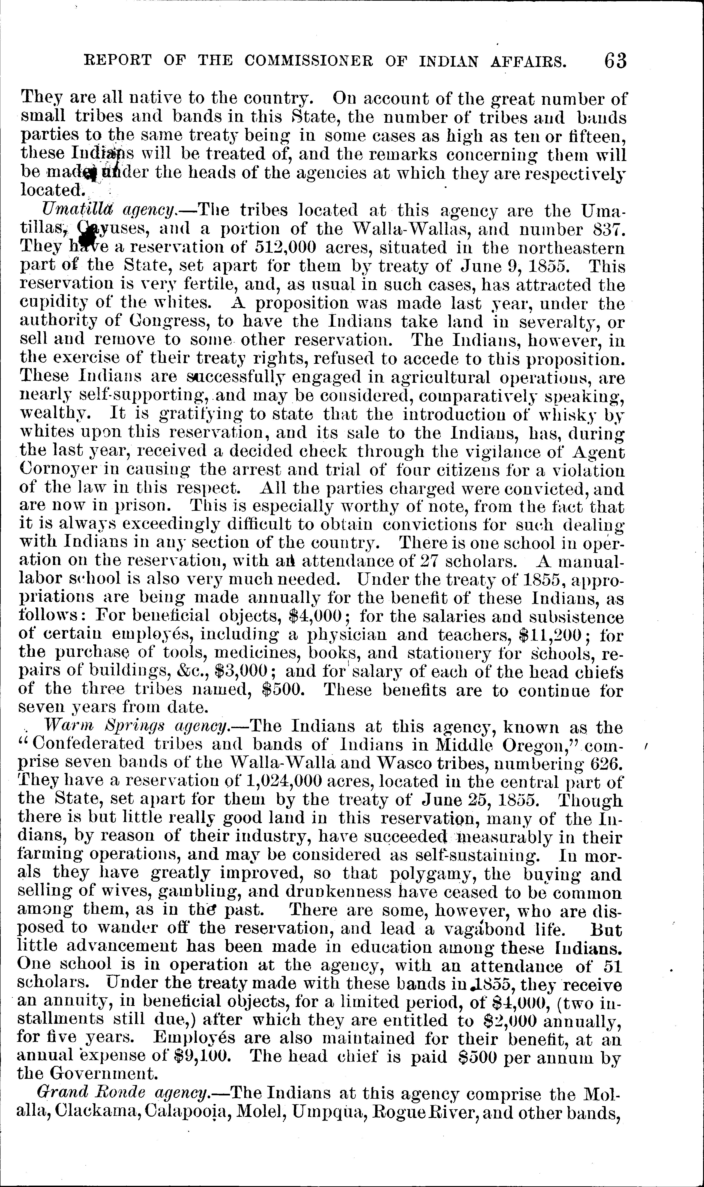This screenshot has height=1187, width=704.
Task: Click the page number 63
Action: pos(615,61)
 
